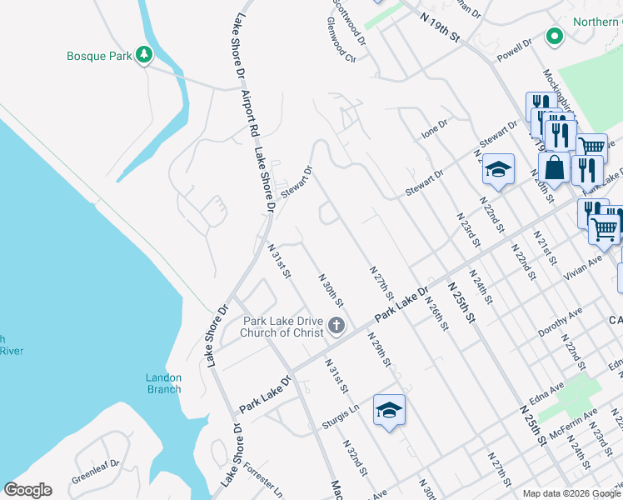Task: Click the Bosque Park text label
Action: (x=98, y=56)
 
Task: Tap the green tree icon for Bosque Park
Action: (x=145, y=55)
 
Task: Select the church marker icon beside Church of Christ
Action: (x=336, y=325)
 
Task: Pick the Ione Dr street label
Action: (x=435, y=128)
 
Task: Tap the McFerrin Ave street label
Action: (x=573, y=424)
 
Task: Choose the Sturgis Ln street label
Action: (x=340, y=417)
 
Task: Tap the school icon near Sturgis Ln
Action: (x=389, y=410)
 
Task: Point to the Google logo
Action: (x=27, y=490)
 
